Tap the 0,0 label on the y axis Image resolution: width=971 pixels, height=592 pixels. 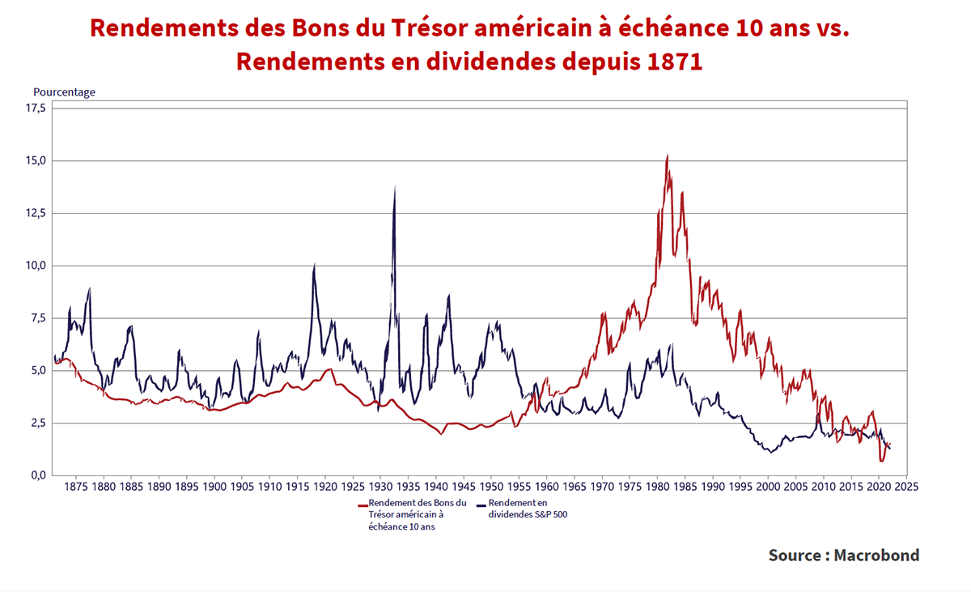(37, 475)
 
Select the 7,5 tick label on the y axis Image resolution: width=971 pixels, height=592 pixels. (37, 318)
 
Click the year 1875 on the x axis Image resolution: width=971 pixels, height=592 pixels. (75, 488)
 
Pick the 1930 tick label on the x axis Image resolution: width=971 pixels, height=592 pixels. (380, 488)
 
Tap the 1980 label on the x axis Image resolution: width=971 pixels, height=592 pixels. (657, 488)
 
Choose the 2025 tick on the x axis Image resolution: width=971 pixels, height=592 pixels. (906, 488)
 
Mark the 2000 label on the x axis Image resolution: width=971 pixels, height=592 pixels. (768, 488)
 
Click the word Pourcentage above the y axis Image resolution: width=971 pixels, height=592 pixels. (64, 92)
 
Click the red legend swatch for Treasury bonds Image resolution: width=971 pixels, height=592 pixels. (363, 504)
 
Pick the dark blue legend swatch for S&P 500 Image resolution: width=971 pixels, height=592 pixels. (482, 504)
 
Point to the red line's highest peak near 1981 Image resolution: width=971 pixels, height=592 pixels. (667, 155)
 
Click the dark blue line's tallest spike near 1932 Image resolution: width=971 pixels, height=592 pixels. (394, 186)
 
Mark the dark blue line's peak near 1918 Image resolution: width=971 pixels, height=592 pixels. (314, 264)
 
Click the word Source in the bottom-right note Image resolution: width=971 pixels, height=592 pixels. (793, 556)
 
